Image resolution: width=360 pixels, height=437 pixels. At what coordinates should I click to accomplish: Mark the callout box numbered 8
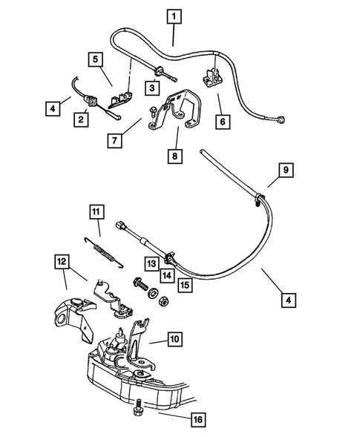(x=177, y=157)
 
